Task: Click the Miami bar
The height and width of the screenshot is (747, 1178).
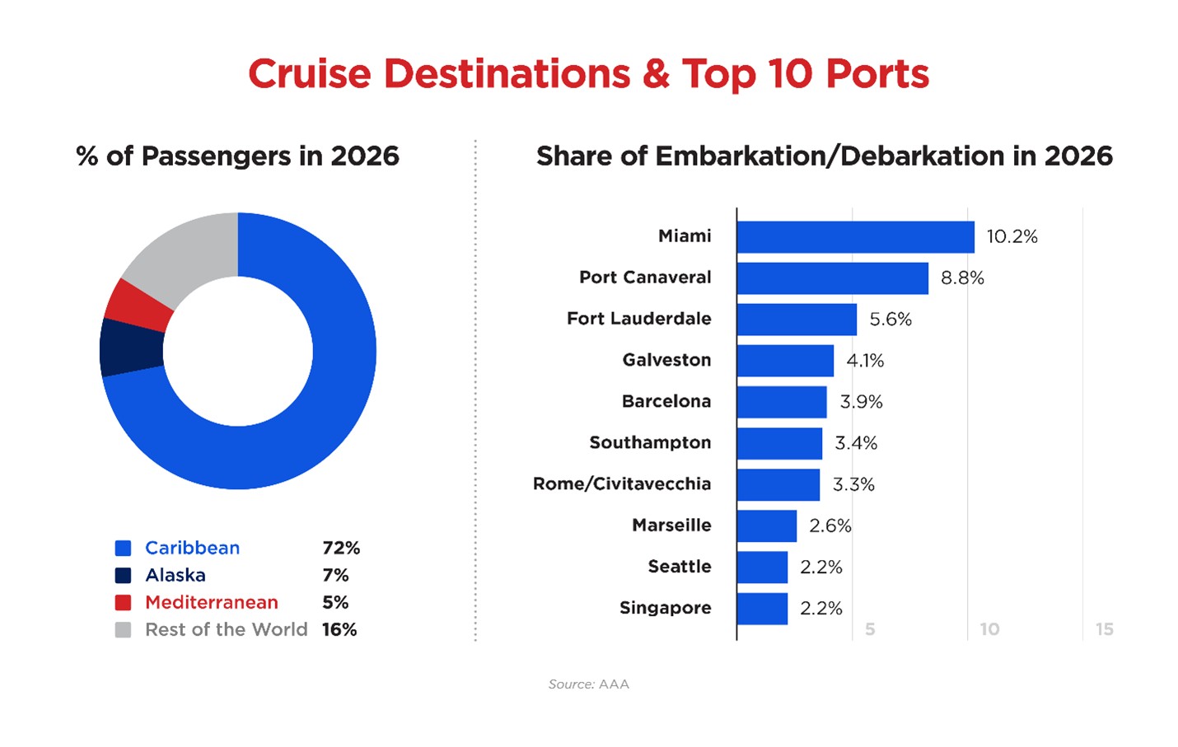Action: pos(855,237)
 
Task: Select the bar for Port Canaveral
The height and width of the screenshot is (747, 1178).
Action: pos(832,278)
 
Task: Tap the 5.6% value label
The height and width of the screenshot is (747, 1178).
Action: pos(891,320)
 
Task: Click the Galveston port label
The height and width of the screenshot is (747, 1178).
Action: pos(666,360)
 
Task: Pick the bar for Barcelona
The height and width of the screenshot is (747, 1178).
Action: pos(781,402)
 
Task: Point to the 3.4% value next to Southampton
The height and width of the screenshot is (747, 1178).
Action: pos(856,443)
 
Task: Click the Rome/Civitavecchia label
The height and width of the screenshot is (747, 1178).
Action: pos(622,483)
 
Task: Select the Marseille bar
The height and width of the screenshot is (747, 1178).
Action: pos(766,525)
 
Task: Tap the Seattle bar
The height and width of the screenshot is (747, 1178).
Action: pos(762,567)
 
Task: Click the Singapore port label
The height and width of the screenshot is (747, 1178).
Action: pos(665,608)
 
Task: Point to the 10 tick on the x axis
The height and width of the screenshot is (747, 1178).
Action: pos(989,629)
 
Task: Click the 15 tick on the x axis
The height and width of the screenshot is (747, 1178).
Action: pos(1104,629)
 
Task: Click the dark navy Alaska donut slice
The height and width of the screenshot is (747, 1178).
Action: pos(131,347)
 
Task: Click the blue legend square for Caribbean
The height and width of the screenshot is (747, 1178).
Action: pos(124,549)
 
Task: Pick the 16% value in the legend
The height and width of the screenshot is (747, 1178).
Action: pos(339,630)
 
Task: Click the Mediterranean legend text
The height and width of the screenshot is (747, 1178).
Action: pos(212,603)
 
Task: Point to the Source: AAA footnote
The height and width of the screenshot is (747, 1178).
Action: pos(588,684)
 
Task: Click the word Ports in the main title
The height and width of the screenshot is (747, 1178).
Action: pos(877,74)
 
